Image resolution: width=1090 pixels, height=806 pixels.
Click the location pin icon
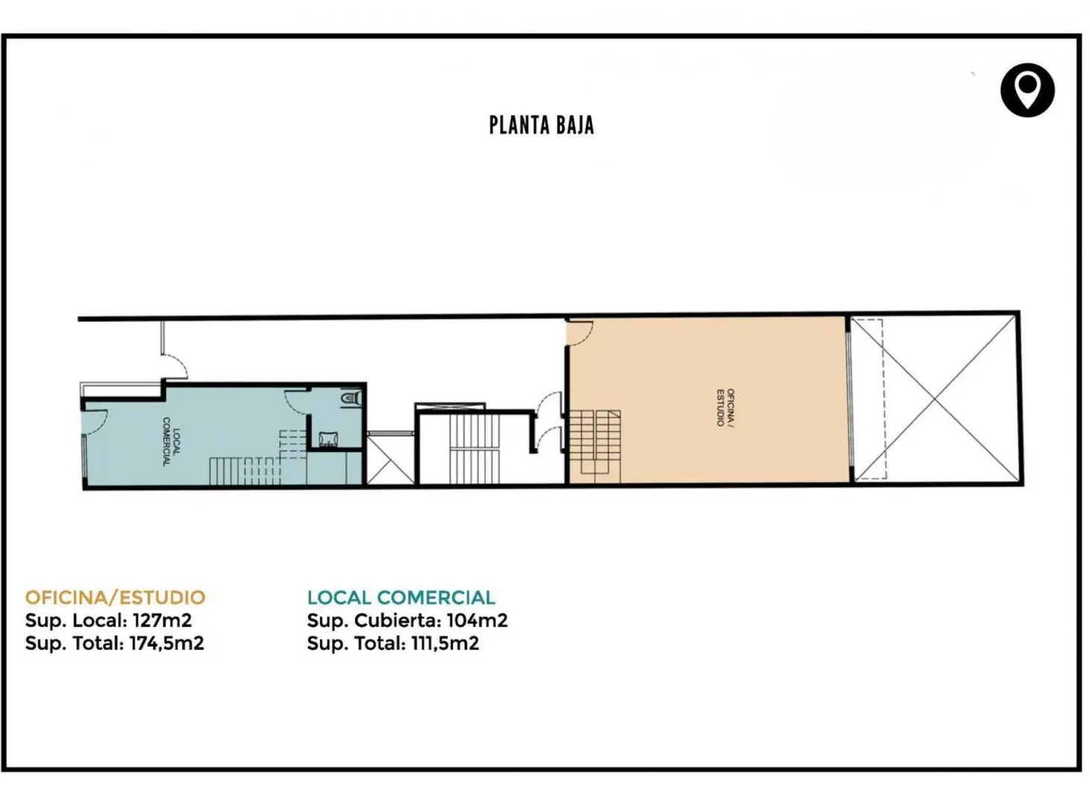point(1027,90)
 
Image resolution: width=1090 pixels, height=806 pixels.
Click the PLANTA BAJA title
point(542,125)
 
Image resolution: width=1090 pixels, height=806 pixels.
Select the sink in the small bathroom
point(327,438)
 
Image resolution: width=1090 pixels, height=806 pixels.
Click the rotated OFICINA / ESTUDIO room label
point(725,407)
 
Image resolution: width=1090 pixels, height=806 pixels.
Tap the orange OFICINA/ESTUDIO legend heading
point(115,598)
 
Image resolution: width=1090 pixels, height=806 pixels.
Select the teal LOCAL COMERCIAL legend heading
point(401,598)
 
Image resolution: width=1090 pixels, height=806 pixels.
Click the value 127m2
point(162,620)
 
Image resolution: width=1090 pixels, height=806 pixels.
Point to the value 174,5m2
point(166,643)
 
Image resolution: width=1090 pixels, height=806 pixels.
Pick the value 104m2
point(477,620)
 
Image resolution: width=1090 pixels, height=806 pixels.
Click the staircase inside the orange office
point(595,446)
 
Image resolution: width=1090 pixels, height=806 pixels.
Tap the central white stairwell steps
point(474,449)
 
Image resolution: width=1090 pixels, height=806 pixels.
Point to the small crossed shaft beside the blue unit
point(391,459)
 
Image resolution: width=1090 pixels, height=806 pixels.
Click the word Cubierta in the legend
point(398,621)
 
